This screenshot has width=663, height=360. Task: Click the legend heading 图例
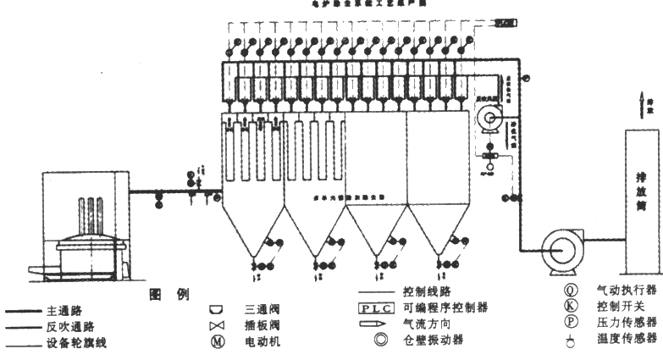click(x=169, y=294)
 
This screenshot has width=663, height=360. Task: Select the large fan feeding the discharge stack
click(x=561, y=248)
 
